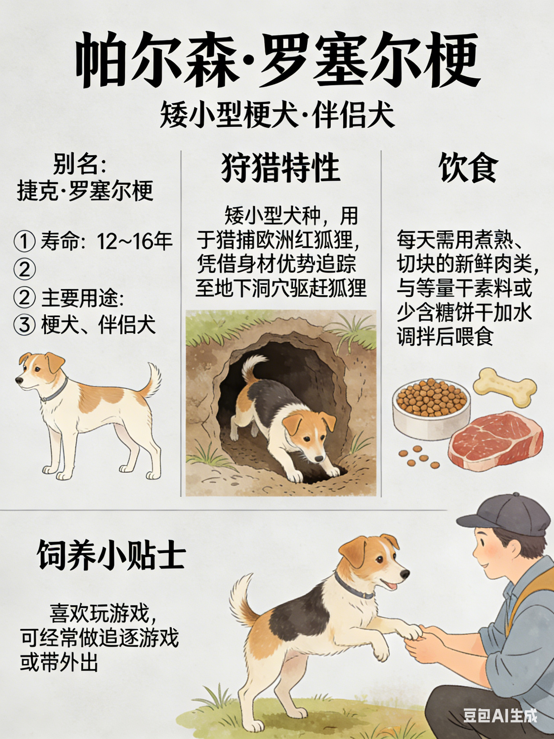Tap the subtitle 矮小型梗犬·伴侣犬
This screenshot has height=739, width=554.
pos(277,116)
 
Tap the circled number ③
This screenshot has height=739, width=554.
pos(24,324)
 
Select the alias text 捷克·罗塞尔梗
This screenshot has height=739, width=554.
pos(85,191)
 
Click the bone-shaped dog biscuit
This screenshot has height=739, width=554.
pos(505,387)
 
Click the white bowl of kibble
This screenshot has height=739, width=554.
pos(432,408)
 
